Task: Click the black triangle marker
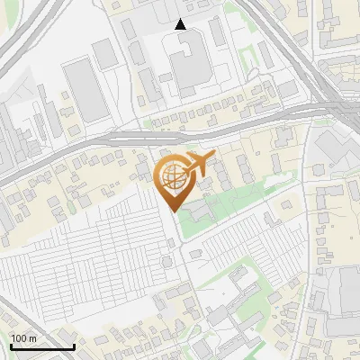[x=181, y=24]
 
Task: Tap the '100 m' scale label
[x=24, y=338]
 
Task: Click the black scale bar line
[x=42, y=346]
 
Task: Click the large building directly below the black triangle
[x=187, y=67]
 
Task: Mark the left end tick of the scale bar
[x=11, y=346]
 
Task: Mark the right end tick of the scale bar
[x=74, y=346]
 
